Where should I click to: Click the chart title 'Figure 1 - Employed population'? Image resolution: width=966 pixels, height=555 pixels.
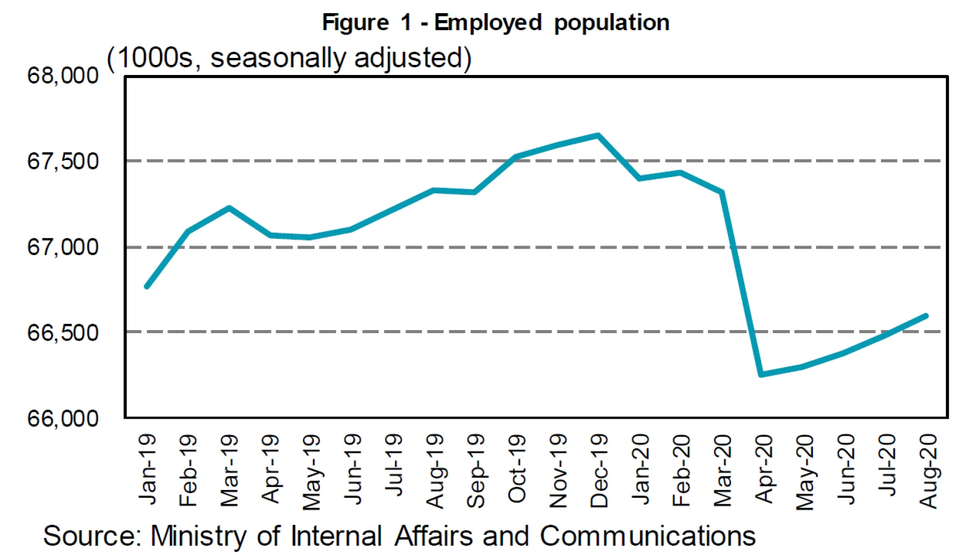pos(496,23)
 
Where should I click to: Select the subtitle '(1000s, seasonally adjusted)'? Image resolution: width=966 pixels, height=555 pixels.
pos(289,58)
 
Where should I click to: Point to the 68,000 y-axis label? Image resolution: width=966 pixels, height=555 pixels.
pos(63,76)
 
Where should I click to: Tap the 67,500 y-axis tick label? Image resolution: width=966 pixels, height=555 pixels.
pos(63,162)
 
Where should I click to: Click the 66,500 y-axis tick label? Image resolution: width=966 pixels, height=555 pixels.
pos(63,333)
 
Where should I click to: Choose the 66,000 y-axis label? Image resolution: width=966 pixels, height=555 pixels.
pos(63,418)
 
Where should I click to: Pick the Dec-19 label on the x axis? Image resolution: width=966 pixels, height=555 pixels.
pos(599,470)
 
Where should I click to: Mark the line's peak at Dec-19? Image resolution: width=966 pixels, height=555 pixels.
pos(598,135)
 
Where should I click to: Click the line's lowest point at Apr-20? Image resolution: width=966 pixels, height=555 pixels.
pos(761,374)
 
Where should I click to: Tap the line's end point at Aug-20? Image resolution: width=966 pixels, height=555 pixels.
pos(926,316)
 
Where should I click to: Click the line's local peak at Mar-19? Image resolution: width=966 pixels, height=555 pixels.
pos(229,207)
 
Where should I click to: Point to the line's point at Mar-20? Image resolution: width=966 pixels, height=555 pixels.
pos(721,192)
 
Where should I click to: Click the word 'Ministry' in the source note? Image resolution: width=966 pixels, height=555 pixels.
pos(198,536)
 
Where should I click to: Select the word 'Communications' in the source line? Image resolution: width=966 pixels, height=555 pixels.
pos(647,536)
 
